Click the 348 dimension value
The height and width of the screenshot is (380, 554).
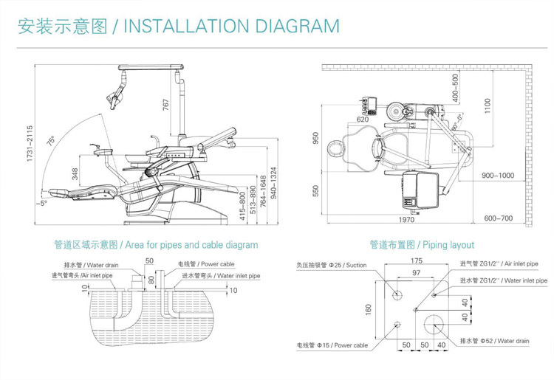click(x=75, y=173)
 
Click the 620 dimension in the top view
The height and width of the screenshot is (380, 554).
click(x=362, y=117)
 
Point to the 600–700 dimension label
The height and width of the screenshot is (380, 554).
click(x=499, y=218)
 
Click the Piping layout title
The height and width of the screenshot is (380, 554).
click(x=422, y=245)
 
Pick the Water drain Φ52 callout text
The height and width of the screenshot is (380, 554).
click(x=494, y=342)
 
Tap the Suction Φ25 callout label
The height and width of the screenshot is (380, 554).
click(x=331, y=264)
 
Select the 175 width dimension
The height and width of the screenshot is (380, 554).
click(x=416, y=260)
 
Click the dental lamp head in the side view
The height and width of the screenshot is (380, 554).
click(x=113, y=97)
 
